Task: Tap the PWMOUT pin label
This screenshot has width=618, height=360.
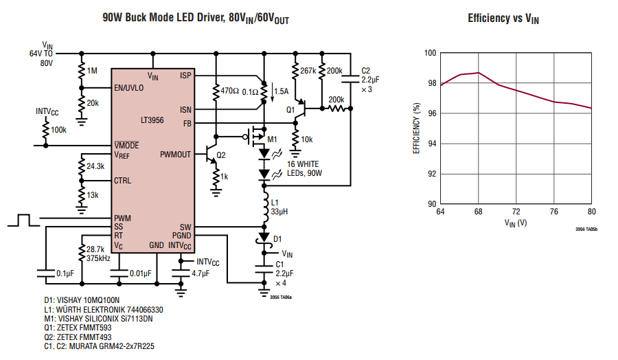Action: pyautogui.click(x=176, y=154)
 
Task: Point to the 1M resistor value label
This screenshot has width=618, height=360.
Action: pyautogui.click(x=93, y=71)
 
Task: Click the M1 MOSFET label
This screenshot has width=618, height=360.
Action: pyautogui.click(x=272, y=139)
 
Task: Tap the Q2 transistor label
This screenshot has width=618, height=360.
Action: pyautogui.click(x=220, y=155)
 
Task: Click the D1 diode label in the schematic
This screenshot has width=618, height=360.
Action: pyautogui.click(x=277, y=238)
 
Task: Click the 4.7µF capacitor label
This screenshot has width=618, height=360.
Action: pyautogui.click(x=201, y=273)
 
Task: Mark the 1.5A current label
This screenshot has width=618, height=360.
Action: pyautogui.click(x=281, y=91)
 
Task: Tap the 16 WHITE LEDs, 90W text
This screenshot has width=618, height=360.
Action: pyautogui.click(x=300, y=169)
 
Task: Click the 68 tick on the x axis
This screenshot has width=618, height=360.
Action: pyautogui.click(x=478, y=212)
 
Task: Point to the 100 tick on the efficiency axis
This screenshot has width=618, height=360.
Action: pyautogui.click(x=428, y=53)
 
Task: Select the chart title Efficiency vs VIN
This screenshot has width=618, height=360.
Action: pyautogui.click(x=503, y=19)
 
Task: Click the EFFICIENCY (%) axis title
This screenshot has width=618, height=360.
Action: pyautogui.click(x=416, y=128)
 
